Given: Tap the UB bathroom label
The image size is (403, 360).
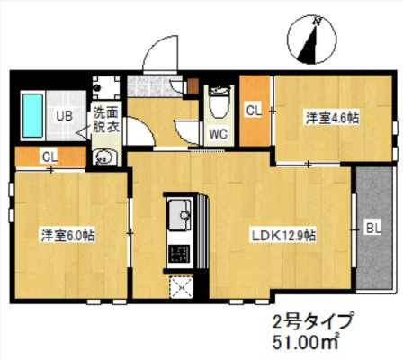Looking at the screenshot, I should (65, 116).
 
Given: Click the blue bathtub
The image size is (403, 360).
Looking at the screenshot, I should (33, 116).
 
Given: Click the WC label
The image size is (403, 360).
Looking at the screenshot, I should (217, 134).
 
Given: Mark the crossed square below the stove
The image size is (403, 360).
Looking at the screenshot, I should (180, 288).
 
